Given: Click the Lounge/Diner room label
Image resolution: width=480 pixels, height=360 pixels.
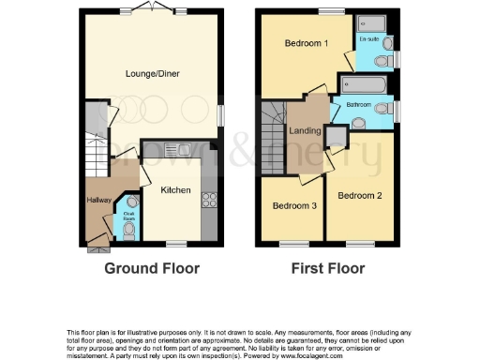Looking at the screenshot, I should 153,73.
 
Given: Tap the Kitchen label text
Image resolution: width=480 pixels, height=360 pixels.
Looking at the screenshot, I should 175,190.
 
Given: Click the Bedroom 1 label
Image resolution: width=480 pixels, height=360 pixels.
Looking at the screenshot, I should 306,44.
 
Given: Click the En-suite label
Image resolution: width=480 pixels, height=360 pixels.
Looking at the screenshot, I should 368,39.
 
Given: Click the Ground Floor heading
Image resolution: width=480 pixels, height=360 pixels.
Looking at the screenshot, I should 152,268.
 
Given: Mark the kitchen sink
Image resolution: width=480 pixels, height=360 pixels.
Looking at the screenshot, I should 173,148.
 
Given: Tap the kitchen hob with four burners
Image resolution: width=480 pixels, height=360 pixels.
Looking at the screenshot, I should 209,199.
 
